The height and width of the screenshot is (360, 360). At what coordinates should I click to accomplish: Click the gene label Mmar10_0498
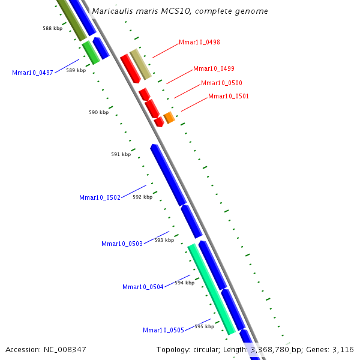click(199, 43)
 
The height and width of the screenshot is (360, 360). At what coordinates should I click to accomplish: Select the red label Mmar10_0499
click(214, 69)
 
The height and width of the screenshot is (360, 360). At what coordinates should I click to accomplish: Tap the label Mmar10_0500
click(221, 83)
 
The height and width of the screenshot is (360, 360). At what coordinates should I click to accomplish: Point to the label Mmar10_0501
click(228, 97)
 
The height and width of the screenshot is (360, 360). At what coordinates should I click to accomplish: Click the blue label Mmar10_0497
click(32, 73)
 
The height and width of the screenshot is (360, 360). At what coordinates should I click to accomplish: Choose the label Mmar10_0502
click(100, 197)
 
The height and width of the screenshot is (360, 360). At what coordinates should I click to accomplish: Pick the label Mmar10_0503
click(122, 244)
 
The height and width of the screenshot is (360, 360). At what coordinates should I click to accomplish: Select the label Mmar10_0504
click(143, 287)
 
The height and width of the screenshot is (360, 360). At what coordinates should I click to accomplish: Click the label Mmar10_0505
click(163, 330)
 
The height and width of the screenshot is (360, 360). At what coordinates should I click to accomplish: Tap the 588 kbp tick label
click(53, 28)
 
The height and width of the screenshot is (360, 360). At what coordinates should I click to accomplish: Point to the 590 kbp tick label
click(98, 112)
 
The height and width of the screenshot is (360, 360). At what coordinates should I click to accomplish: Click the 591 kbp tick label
click(121, 154)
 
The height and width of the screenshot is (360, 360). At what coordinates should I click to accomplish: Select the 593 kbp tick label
click(164, 240)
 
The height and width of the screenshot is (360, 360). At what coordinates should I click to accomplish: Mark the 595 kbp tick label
click(204, 326)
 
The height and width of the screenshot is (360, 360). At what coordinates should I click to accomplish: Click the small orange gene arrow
click(169, 117)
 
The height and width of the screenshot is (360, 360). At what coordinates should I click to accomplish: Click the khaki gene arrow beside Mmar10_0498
click(140, 64)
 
